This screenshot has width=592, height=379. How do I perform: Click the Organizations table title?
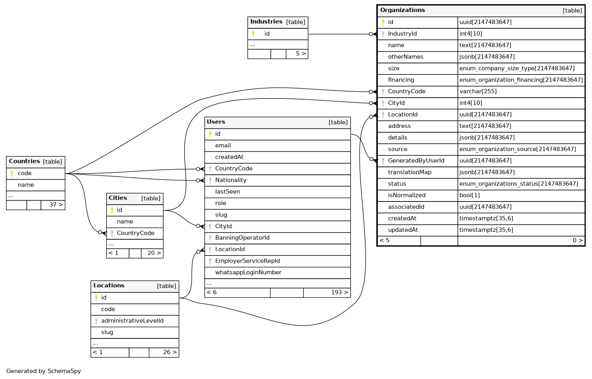pos(402,10)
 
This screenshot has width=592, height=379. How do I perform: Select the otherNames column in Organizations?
pos(405,57)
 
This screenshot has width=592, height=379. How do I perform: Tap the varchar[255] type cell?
pos(478,91)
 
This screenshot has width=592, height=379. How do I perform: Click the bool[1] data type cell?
pos(470,195)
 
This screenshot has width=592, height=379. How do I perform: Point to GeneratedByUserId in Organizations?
pos(416,161)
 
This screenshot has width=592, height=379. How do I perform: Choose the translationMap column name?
pos(409,172)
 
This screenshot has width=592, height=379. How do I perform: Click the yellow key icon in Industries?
pos(253,34)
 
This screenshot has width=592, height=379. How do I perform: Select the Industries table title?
pos(266,22)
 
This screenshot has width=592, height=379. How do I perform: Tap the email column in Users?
pos(223,145)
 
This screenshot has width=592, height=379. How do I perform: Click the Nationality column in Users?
pos(231,180)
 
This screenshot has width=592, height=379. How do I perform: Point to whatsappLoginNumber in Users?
pos(248,272)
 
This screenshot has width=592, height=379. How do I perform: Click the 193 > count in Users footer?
pos(339,292)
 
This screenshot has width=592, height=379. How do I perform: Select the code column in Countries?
pos(24,173)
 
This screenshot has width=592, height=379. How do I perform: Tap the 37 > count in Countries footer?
pos(56,205)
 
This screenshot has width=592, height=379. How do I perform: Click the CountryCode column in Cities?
pos(135,233)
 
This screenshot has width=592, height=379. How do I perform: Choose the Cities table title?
pos(118,198)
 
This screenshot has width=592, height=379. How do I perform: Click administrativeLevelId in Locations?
pos(132,321)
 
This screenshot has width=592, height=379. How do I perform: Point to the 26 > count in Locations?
pos(170,352)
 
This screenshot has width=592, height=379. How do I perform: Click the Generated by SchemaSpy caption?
pos(43,371)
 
